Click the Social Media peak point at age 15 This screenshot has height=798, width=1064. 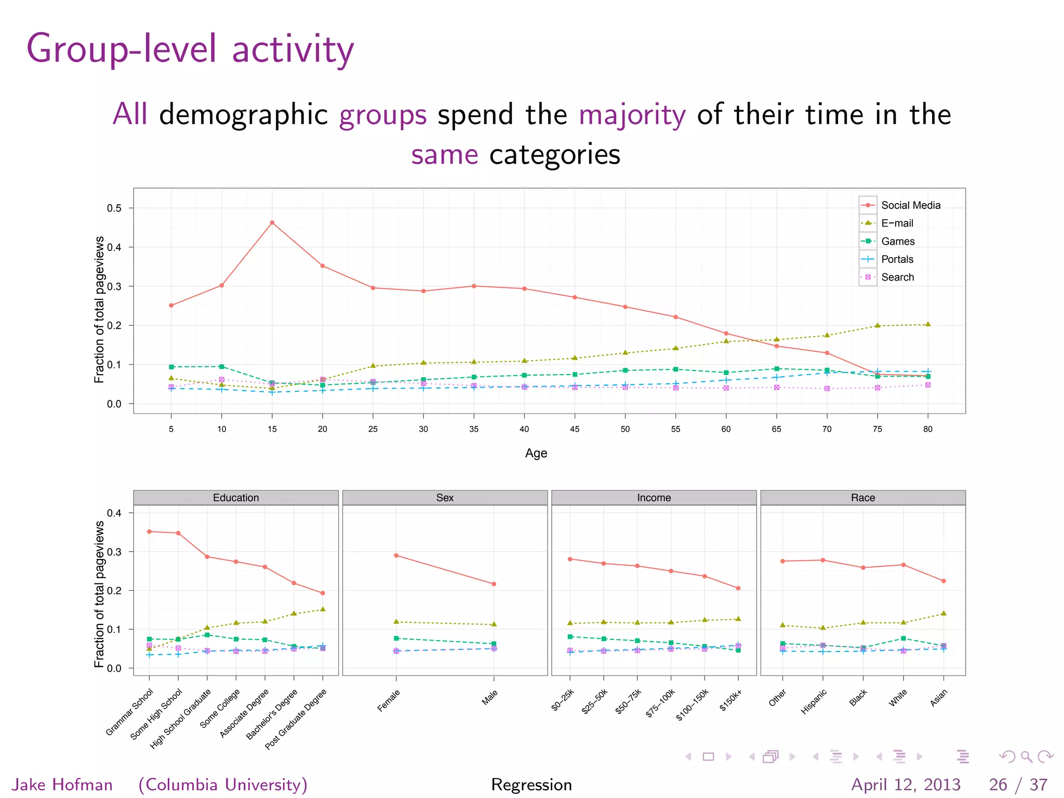(272, 222)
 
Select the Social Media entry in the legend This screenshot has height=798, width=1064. (910, 205)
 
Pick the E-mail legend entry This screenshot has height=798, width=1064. (897, 223)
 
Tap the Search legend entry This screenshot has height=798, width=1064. (897, 277)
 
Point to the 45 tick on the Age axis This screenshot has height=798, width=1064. (575, 429)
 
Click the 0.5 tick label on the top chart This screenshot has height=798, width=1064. (114, 208)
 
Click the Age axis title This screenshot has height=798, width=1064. (536, 453)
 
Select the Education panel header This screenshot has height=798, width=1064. (236, 498)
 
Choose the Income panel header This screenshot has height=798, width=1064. (654, 498)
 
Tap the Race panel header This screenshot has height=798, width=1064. (862, 498)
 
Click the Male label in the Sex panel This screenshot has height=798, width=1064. (489, 697)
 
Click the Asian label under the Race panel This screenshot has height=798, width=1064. (938, 698)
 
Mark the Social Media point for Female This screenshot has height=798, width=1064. (396, 555)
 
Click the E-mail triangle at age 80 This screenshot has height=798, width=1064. (928, 324)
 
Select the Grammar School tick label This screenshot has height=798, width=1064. (129, 712)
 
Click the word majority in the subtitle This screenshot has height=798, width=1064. (632, 115)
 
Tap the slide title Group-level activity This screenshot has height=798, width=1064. (190, 49)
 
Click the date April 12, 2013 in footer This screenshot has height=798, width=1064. (906, 784)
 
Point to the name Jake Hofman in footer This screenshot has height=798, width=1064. (62, 784)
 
